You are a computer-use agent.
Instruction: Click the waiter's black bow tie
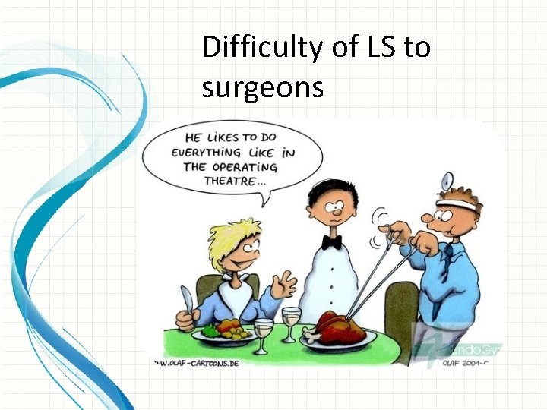click(330, 242)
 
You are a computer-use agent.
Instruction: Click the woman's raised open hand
click(285, 286)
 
